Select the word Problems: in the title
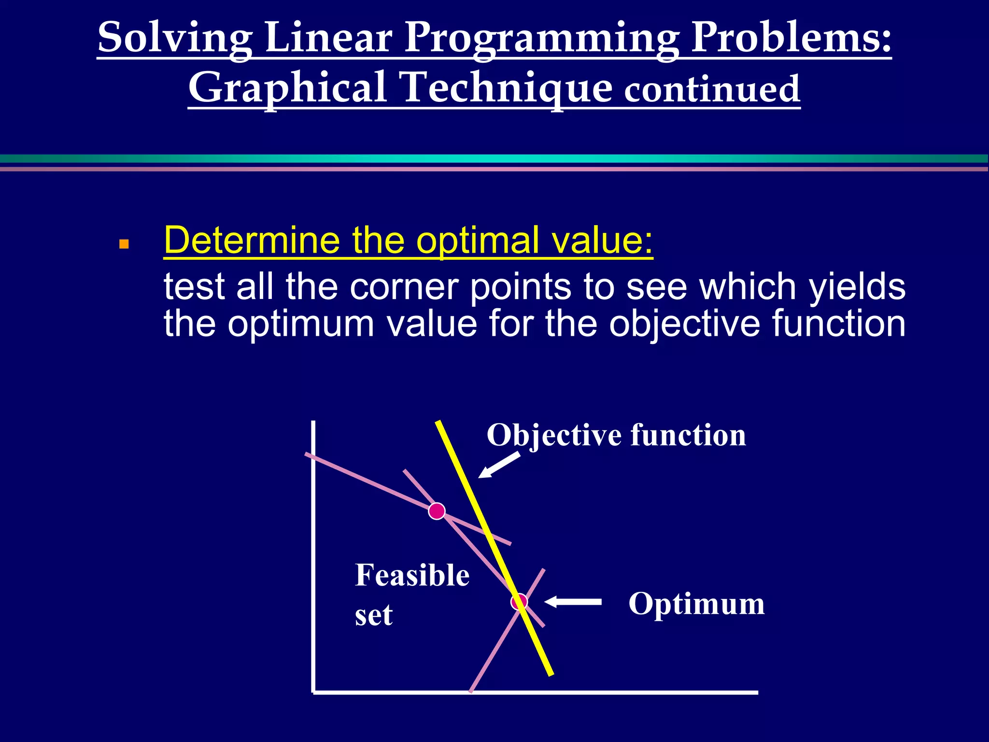click(x=791, y=38)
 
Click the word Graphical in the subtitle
click(x=288, y=88)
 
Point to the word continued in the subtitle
click(x=712, y=89)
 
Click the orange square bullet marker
click(x=124, y=244)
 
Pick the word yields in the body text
click(x=857, y=287)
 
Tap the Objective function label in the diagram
click(x=616, y=435)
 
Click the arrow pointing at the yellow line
click(x=499, y=465)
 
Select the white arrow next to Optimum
click(x=573, y=601)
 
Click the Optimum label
click(x=696, y=604)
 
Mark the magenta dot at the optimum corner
click(x=519, y=602)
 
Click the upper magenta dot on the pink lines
click(x=437, y=511)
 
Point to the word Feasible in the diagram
click(x=412, y=576)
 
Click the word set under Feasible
click(x=373, y=616)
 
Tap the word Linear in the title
click(x=328, y=38)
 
